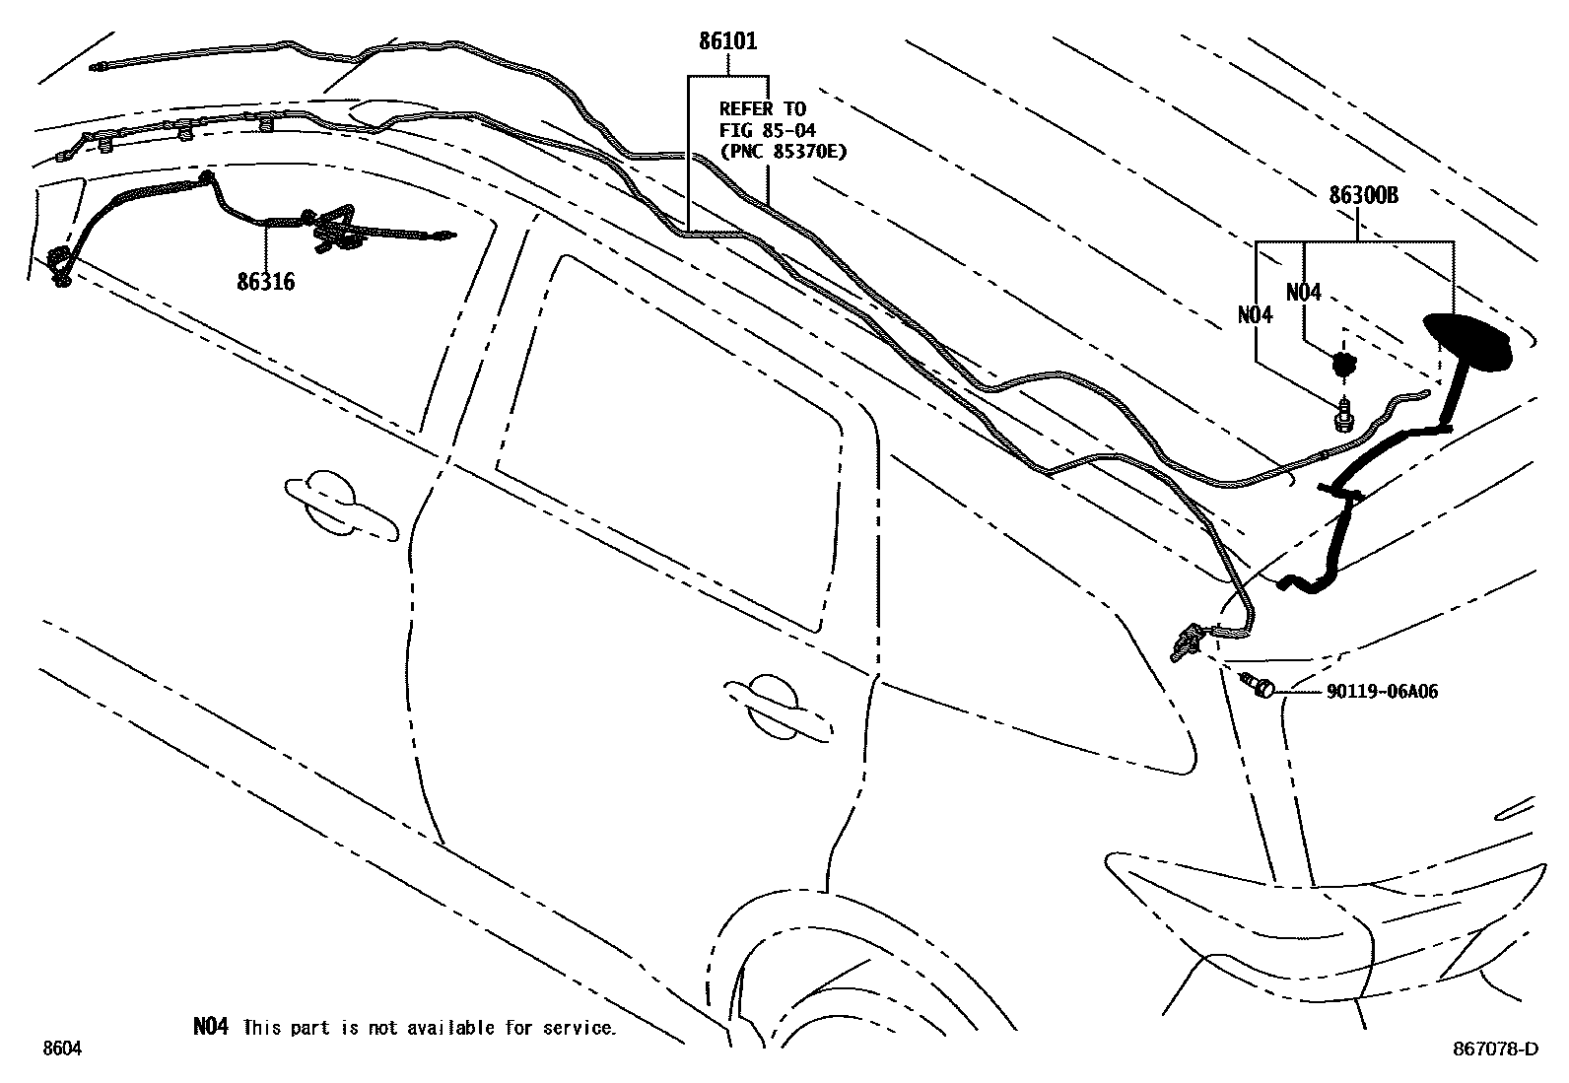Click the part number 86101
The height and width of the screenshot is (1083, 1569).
click(x=728, y=41)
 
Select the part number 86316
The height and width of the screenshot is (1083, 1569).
click(x=265, y=283)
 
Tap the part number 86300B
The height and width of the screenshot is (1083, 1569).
click(x=1363, y=195)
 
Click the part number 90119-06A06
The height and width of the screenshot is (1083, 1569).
click(x=1382, y=692)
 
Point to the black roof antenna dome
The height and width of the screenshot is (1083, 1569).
click(x=1467, y=342)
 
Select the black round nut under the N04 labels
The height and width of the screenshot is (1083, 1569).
click(x=1341, y=365)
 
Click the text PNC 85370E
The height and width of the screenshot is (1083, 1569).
click(x=783, y=152)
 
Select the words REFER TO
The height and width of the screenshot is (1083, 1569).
click(x=762, y=108)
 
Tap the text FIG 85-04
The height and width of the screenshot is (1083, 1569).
click(x=767, y=130)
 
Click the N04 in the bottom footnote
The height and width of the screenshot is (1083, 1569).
click(x=210, y=1027)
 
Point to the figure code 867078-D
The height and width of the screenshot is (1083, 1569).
click(x=1494, y=1049)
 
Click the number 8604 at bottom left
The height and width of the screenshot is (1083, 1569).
click(x=61, y=1049)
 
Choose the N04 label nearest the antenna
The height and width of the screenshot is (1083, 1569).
click(x=1303, y=292)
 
